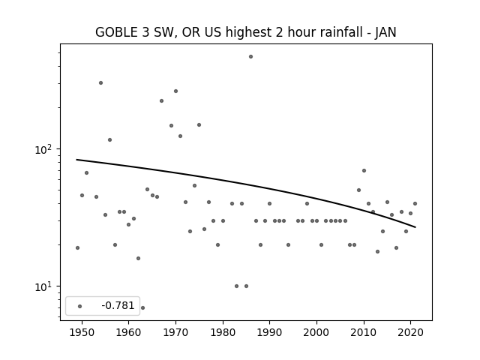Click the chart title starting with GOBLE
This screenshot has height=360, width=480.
[x=246, y=32]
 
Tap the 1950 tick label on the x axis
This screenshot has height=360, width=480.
[x=82, y=332]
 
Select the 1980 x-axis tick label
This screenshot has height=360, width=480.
[x=223, y=332]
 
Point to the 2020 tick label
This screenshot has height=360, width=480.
[x=410, y=332]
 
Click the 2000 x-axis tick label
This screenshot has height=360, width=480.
[x=316, y=332]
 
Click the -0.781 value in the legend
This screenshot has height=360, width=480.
[x=118, y=305]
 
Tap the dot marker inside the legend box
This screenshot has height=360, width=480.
[x=80, y=306]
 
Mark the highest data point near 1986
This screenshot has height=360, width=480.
[x=250, y=57]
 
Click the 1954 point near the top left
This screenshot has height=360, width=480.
[x=100, y=83]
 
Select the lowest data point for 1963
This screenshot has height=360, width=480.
[x=142, y=307]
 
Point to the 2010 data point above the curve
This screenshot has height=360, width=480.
[x=364, y=170]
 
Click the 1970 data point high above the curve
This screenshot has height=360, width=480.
[x=175, y=91]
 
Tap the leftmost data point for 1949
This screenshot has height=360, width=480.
[x=77, y=248]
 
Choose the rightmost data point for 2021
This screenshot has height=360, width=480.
[x=415, y=203]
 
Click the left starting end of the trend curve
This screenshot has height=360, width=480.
[x=76, y=160]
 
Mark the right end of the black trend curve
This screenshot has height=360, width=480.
[x=415, y=227]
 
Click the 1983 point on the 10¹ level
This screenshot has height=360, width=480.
[x=237, y=286]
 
